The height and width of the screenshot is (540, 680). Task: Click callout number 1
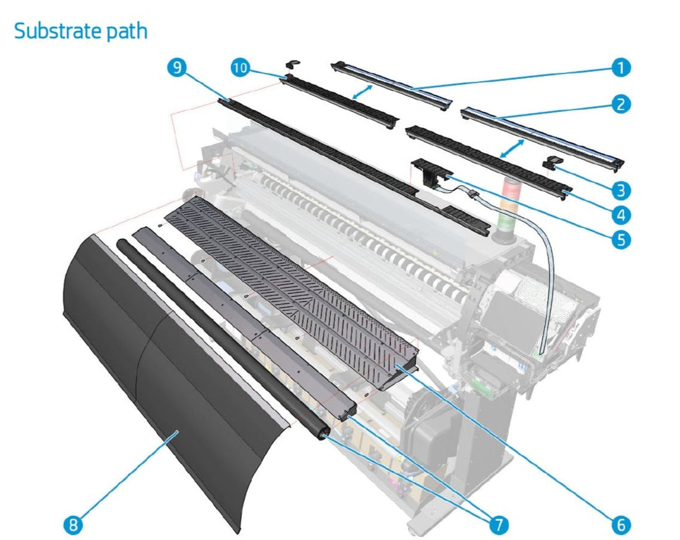pyautogui.click(x=621, y=68)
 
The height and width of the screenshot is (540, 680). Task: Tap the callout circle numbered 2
pyautogui.click(x=621, y=104)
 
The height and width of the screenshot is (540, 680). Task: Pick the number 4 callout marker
pyautogui.click(x=621, y=214)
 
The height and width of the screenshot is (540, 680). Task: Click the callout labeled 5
pyautogui.click(x=621, y=239)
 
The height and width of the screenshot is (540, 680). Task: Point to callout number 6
pyautogui.click(x=621, y=525)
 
